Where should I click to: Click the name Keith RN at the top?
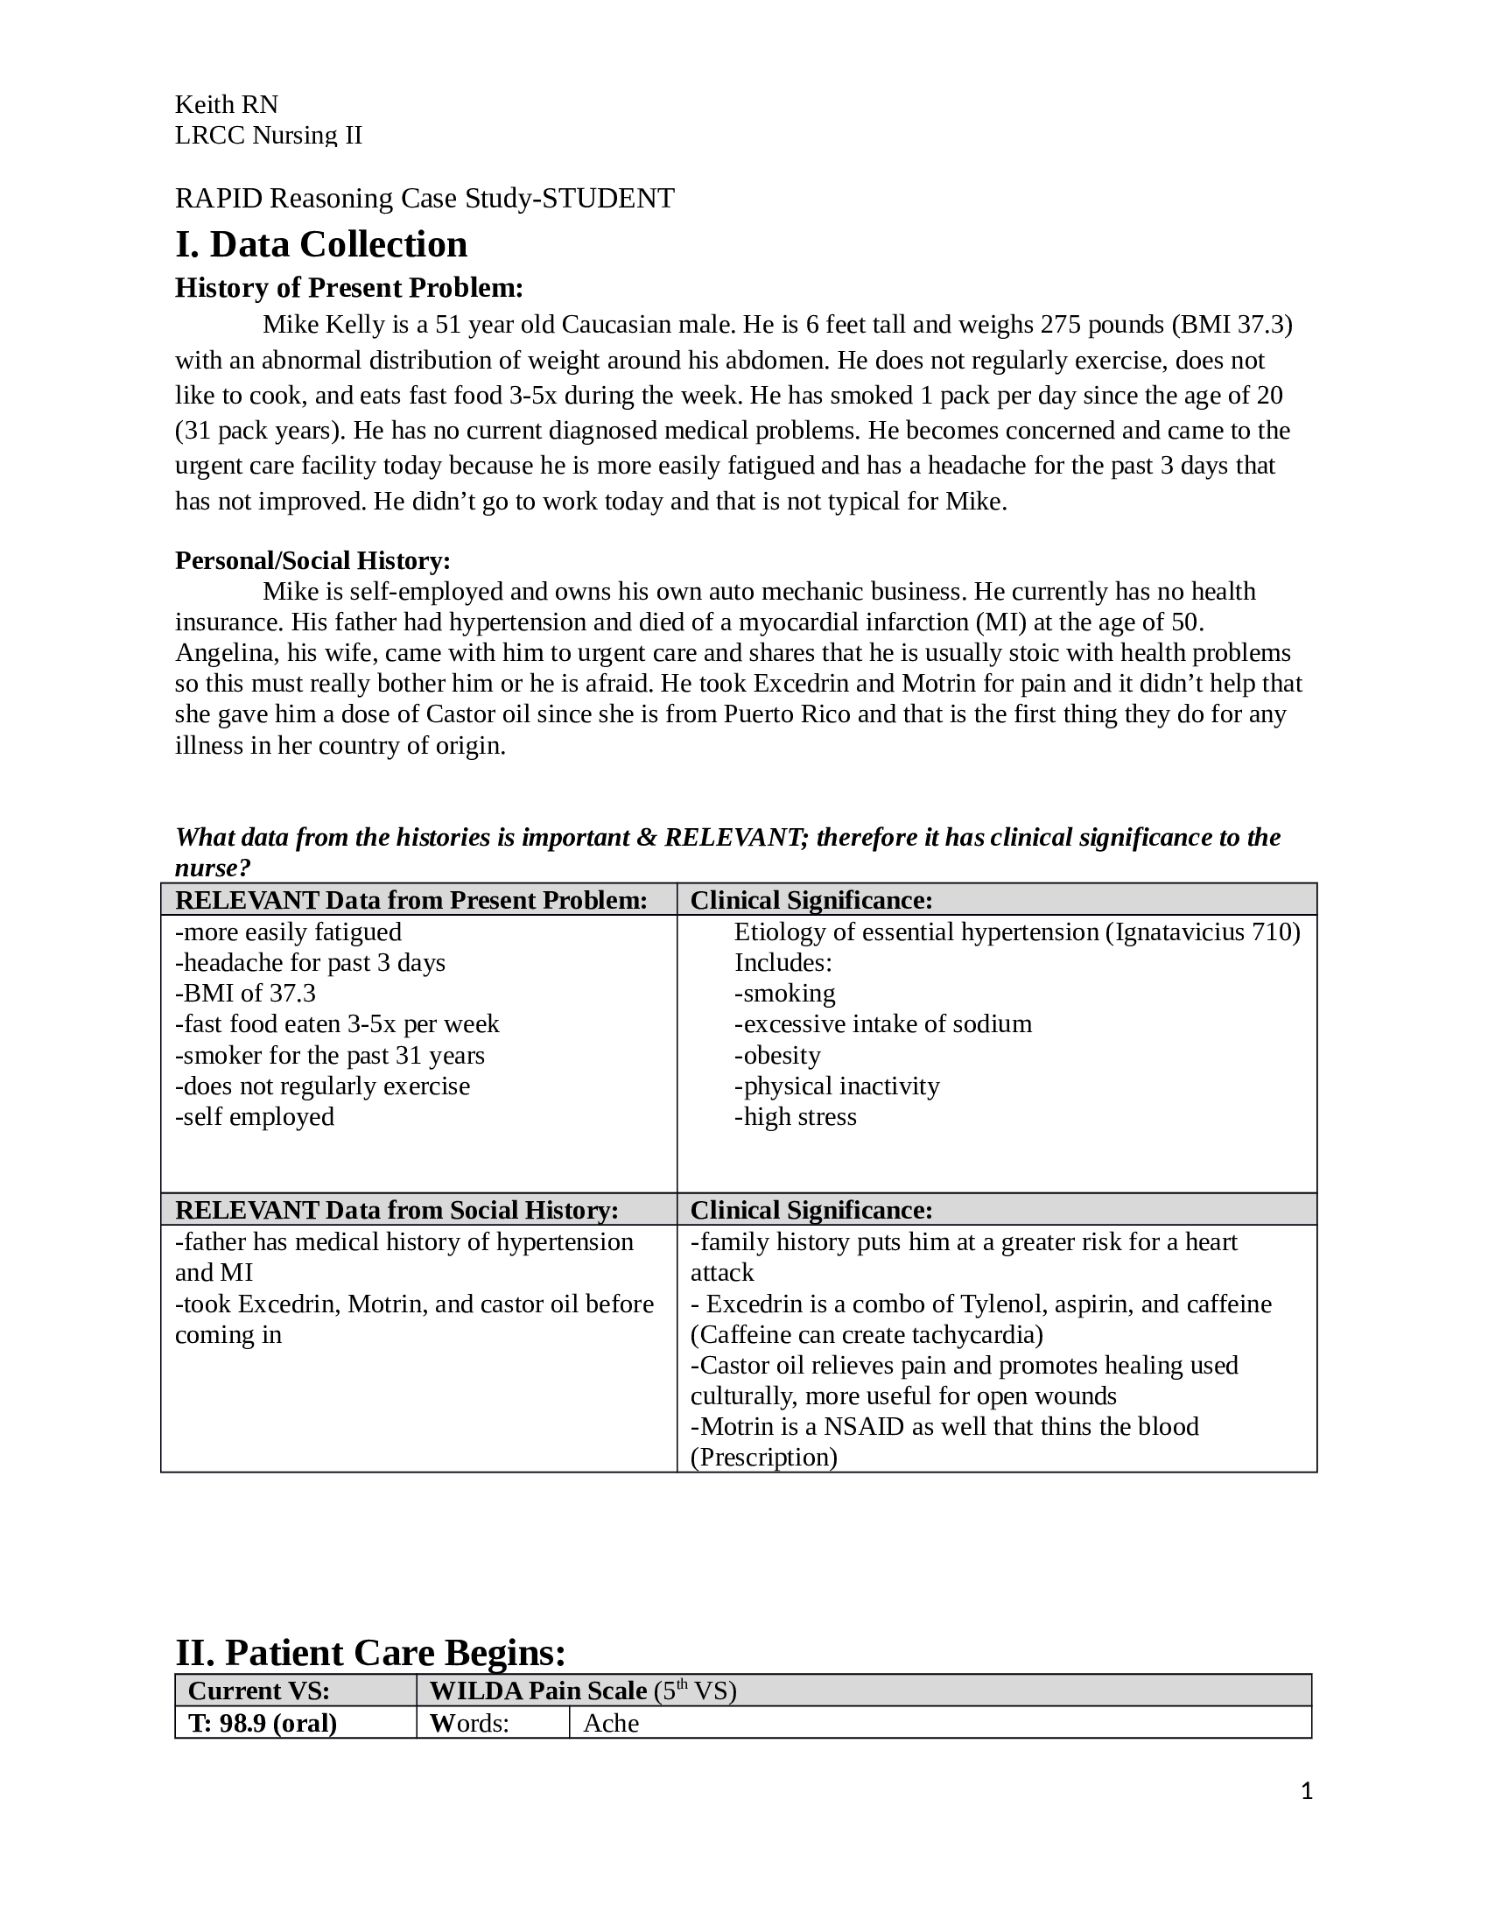click(x=227, y=105)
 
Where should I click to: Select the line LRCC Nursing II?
click(x=268, y=135)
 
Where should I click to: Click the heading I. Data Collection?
click(x=321, y=244)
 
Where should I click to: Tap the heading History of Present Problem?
click(x=349, y=288)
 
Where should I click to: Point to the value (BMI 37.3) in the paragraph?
click(x=1232, y=325)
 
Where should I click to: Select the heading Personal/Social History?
click(x=312, y=560)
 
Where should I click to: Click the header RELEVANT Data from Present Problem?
click(x=411, y=899)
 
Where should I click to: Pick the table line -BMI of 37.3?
click(x=245, y=993)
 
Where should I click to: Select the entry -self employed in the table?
click(x=255, y=1116)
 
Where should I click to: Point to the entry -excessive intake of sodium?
click(x=882, y=1024)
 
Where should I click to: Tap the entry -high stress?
click(x=795, y=1116)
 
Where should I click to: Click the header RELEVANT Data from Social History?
click(x=397, y=1210)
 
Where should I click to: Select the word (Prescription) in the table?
click(x=763, y=1457)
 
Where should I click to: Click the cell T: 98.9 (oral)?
click(x=263, y=1722)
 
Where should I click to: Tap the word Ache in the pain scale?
click(x=611, y=1722)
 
